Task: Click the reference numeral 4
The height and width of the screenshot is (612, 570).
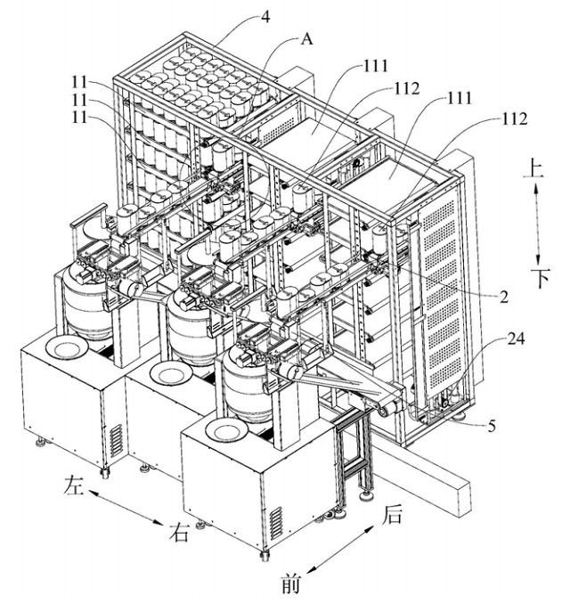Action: (x=265, y=17)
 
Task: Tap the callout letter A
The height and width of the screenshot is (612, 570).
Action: (x=306, y=39)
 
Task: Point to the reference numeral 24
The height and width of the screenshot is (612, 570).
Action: (x=516, y=339)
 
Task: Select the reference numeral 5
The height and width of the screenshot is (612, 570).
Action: (x=492, y=426)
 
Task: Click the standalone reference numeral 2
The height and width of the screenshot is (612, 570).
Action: (x=504, y=298)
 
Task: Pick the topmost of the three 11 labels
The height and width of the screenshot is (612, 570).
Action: (x=79, y=83)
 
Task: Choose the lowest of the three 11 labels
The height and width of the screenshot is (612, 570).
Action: (x=79, y=117)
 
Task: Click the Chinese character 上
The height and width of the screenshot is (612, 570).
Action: (x=533, y=168)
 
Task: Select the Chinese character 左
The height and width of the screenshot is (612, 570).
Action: (x=74, y=486)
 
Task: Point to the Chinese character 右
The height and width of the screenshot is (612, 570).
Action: (x=179, y=532)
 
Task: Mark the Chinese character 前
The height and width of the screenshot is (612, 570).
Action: (x=291, y=584)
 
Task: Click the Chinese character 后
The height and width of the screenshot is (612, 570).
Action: (x=391, y=514)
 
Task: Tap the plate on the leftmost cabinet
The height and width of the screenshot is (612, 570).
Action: (x=67, y=347)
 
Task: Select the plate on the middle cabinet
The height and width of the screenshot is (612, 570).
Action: (x=170, y=374)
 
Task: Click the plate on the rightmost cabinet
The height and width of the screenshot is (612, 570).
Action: (x=226, y=432)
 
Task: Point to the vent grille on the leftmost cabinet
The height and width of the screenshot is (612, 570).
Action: (x=117, y=440)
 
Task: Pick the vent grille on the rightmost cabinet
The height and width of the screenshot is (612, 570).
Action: (x=276, y=524)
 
